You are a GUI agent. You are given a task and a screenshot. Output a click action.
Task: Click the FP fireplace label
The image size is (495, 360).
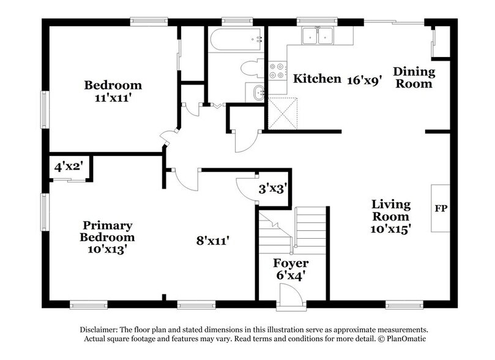441,209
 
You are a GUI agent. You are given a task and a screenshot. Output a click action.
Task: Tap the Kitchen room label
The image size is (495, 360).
317,79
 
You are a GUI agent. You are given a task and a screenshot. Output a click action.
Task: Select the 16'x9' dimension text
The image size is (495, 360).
365,80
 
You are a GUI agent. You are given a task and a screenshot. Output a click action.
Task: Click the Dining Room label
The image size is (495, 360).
414,78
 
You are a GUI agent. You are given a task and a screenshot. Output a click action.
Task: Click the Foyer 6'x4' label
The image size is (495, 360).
292,270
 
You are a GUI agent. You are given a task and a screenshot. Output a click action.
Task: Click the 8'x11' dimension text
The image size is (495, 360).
212,241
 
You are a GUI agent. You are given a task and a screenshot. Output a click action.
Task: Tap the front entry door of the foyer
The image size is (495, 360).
291,302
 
